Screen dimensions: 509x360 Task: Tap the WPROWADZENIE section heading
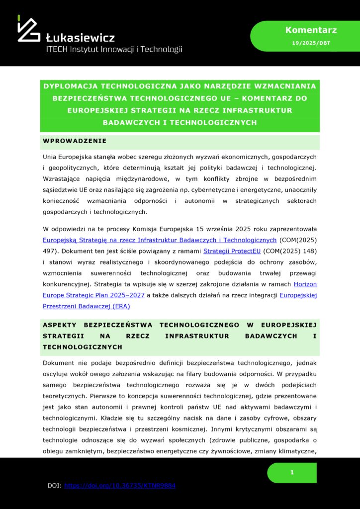point(75,141)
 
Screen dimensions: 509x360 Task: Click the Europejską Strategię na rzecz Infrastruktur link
point(159,240)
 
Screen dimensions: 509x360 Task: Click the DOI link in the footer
point(120,486)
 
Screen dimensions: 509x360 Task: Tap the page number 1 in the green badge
point(292,472)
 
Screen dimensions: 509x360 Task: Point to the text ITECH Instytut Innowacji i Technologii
point(114,49)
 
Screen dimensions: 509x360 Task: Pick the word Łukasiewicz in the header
point(80,38)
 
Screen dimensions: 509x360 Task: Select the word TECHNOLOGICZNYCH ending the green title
point(207,122)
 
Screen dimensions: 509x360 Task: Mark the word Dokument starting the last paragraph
point(60,363)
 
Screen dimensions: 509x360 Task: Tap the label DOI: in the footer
point(54,486)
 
